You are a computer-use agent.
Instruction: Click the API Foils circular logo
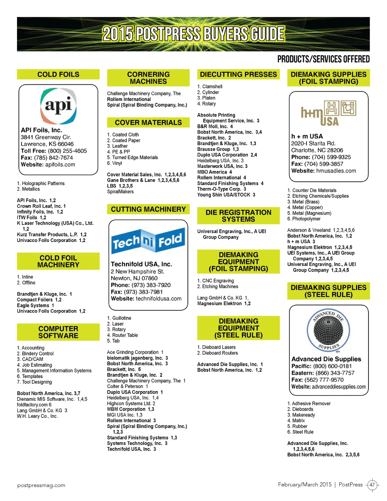click(x=58, y=106)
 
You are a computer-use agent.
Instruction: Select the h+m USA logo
click(x=328, y=113)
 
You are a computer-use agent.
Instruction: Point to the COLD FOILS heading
click(x=58, y=74)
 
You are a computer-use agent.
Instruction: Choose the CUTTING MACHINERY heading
click(x=148, y=209)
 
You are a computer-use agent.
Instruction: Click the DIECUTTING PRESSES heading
click(x=238, y=74)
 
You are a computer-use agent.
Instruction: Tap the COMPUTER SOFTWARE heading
click(x=58, y=332)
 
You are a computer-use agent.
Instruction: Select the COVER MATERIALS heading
click(x=148, y=123)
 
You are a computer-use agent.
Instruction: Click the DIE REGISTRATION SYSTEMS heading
click(x=238, y=216)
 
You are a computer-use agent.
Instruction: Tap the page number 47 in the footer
click(x=372, y=485)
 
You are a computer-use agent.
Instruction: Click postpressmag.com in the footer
click(x=41, y=485)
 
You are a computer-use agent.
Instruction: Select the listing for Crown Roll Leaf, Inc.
click(x=41, y=206)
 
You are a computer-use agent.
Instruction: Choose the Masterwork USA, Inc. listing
click(x=222, y=166)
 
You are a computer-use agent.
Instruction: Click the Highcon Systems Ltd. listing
click(x=131, y=403)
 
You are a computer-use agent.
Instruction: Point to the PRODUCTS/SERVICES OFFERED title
click(x=323, y=59)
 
